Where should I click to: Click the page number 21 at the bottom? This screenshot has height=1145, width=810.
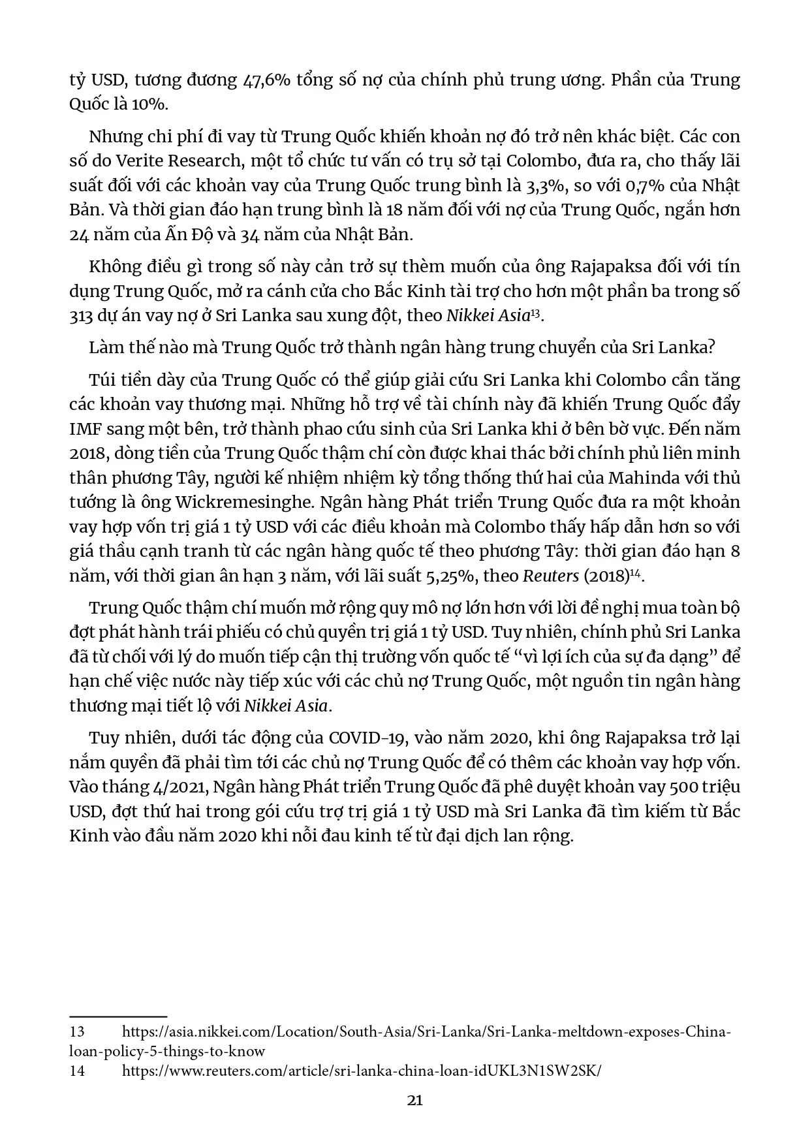414,1100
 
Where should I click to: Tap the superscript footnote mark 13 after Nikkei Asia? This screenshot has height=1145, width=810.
535,312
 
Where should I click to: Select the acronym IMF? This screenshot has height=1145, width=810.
86,429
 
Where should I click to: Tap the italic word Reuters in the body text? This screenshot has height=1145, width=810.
551,576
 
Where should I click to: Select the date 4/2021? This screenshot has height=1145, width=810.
178,787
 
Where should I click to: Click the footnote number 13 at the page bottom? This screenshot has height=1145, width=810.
77,1032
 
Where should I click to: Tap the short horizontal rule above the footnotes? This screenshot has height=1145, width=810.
118,1016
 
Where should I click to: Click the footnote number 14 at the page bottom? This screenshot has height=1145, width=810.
77,1071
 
